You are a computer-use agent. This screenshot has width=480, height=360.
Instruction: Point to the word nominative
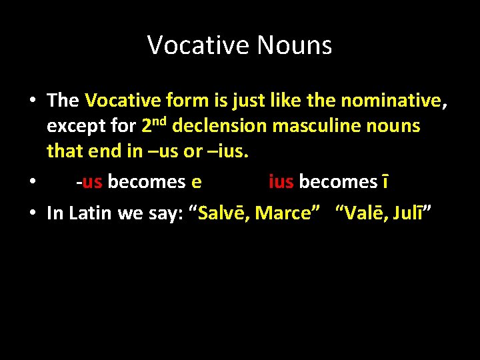393,101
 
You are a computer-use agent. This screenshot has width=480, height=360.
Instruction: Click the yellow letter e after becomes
197,181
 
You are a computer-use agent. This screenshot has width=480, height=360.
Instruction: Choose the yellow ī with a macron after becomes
385,181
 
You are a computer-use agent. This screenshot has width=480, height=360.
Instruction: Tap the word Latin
91,213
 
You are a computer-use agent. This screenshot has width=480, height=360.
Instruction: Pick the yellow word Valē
362,213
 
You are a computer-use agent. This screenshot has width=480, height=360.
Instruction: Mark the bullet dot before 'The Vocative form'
32,101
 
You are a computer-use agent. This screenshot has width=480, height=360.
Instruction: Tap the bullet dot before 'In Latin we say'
32,214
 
